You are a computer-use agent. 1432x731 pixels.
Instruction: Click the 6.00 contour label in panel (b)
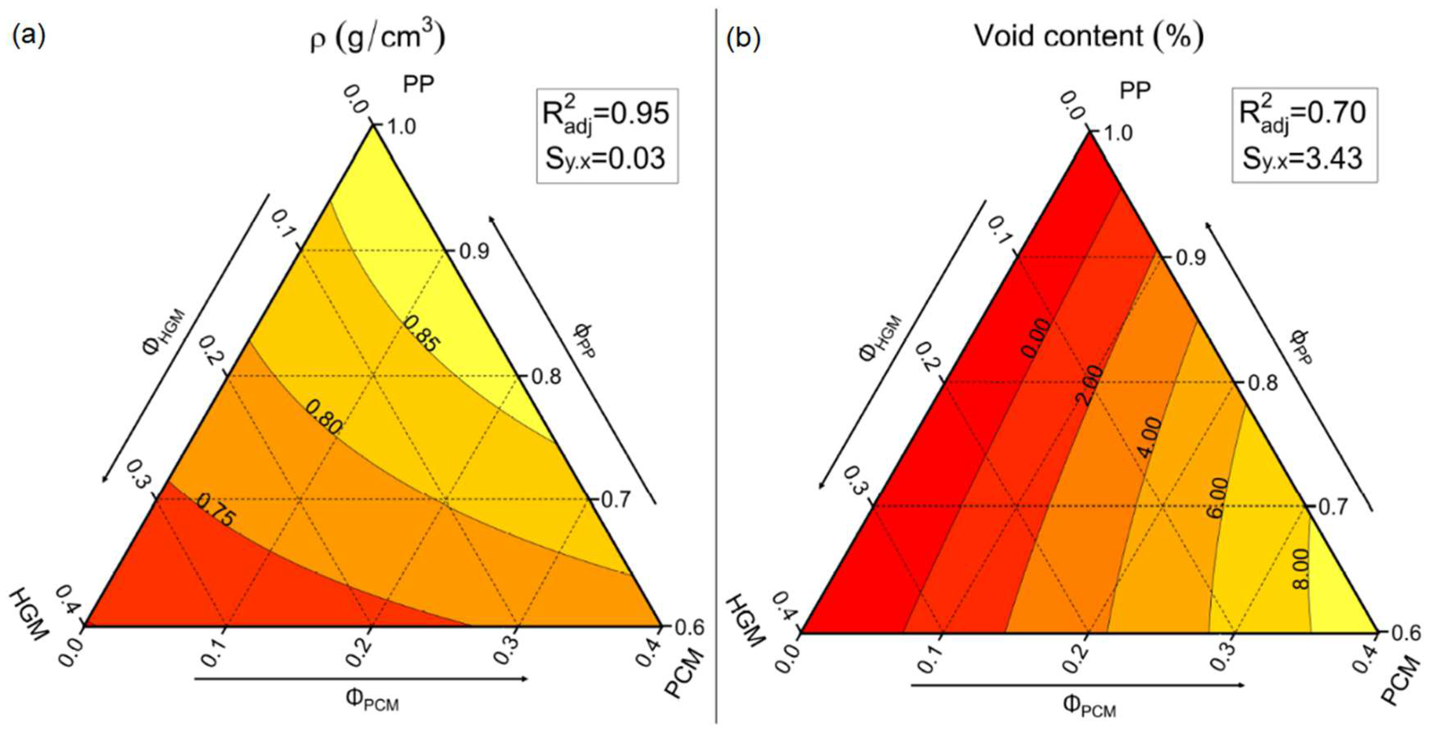1216,498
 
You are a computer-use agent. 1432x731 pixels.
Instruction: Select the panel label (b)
744,39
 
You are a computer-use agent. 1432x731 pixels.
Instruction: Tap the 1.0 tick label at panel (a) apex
401,127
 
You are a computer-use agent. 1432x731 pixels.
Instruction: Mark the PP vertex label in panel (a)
418,85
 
